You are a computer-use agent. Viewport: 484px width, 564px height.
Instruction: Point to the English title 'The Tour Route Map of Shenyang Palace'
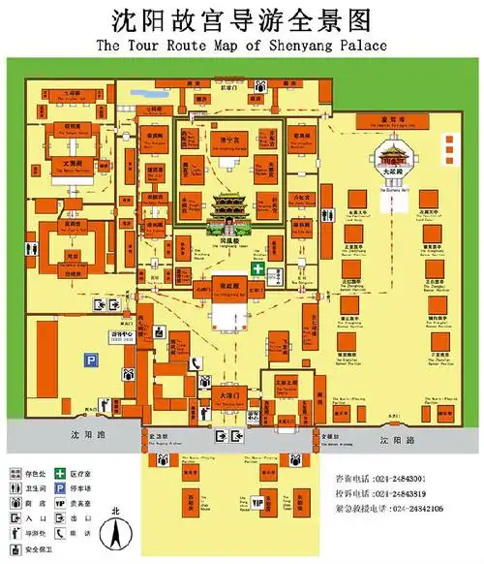(x=241, y=46)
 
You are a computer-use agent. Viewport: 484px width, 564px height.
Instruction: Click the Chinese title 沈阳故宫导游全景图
(x=241, y=19)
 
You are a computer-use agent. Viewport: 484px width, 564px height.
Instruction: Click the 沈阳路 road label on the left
(x=86, y=438)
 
